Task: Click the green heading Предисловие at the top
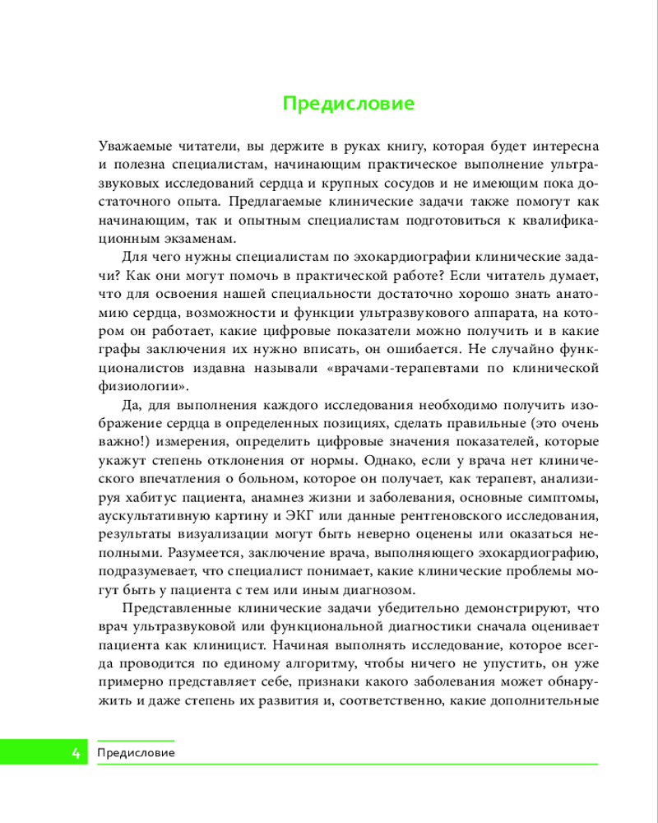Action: (348, 105)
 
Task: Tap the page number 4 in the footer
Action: (76, 752)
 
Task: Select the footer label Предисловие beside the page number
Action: (136, 752)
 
